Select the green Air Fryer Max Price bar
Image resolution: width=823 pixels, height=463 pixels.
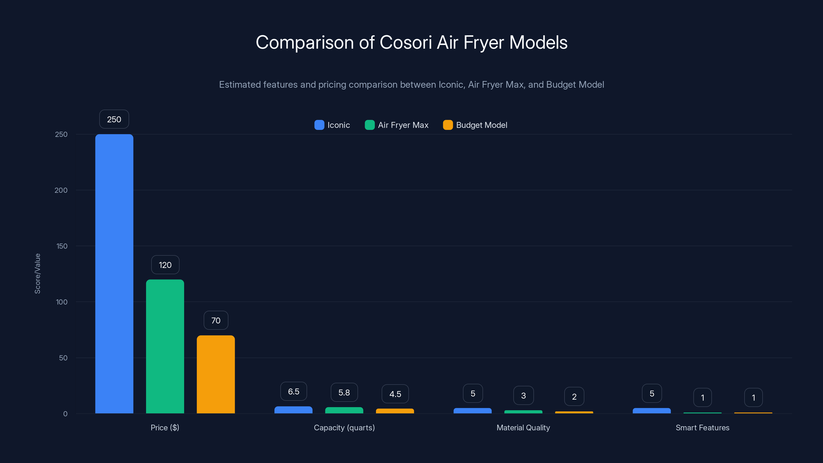pos(165,346)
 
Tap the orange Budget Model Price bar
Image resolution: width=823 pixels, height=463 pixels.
pos(216,374)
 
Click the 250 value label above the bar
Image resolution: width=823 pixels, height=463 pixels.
pos(114,119)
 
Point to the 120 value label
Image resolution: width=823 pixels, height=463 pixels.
pos(165,265)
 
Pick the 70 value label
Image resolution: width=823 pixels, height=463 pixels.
pos(216,320)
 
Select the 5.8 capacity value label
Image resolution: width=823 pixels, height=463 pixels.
pos(344,392)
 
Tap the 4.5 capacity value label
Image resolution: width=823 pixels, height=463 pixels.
pos(395,394)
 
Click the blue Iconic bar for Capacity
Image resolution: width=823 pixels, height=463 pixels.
pos(293,410)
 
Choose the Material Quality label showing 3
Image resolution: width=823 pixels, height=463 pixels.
pos(523,396)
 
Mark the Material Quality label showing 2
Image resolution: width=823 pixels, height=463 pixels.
pos(574,397)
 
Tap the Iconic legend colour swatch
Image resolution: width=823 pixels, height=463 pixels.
pos(319,125)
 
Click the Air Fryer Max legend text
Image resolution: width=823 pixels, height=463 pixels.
pos(403,125)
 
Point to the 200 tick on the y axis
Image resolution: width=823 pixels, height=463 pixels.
pos(61,190)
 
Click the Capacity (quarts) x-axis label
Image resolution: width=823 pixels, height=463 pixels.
pos(344,428)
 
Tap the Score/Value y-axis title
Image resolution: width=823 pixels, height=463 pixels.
pos(37,273)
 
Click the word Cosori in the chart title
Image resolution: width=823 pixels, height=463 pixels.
pos(406,42)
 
